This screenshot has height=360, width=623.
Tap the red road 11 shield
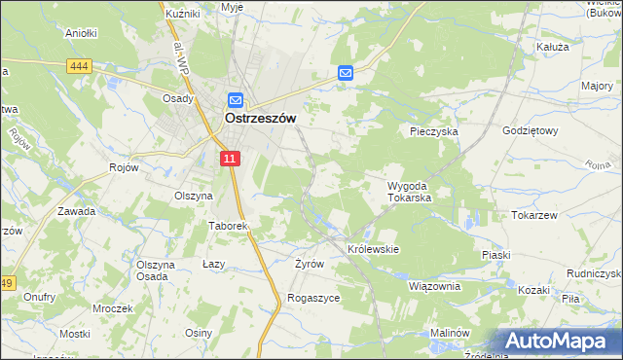(229, 159)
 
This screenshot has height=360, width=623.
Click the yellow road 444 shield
(80, 65)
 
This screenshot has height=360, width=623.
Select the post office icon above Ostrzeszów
(236, 99)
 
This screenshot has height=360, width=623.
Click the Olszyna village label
(193, 196)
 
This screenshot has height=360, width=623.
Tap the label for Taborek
(229, 226)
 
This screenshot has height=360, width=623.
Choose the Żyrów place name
(309, 264)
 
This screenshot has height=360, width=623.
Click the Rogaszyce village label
(312, 298)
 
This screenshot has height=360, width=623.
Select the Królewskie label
(374, 249)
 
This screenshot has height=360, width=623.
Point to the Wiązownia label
(433, 286)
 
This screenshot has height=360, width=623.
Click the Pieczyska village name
(433, 130)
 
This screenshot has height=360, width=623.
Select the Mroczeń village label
(113, 308)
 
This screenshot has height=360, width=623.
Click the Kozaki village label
(534, 290)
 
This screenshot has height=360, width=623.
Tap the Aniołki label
(81, 32)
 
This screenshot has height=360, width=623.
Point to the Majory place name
(596, 87)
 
